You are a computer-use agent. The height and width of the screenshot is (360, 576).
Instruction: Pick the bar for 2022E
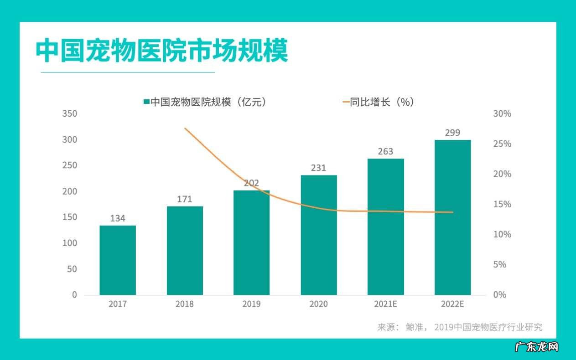point(452,217)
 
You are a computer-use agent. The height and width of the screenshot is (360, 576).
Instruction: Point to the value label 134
point(118,218)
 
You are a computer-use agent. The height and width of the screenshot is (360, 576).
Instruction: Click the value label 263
point(385,151)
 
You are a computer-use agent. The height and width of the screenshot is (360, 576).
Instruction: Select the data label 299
point(452,133)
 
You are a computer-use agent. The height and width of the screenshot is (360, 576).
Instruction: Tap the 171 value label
point(185,199)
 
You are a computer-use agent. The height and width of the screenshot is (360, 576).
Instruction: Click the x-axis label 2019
point(251,304)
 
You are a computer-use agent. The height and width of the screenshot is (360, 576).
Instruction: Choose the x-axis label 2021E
point(385,304)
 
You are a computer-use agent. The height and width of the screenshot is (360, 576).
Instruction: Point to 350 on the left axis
point(69,113)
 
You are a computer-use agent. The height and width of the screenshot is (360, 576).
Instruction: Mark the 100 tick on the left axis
point(69,243)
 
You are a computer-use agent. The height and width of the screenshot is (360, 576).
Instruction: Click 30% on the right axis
point(502,113)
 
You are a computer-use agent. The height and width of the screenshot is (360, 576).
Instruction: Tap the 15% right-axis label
point(502,204)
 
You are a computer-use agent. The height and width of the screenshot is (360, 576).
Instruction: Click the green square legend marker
point(146,102)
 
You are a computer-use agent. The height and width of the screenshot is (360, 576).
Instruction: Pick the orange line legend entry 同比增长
point(378,102)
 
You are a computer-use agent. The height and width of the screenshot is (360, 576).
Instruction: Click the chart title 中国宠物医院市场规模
point(162,51)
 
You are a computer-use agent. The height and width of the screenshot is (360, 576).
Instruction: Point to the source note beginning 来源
point(460,327)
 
